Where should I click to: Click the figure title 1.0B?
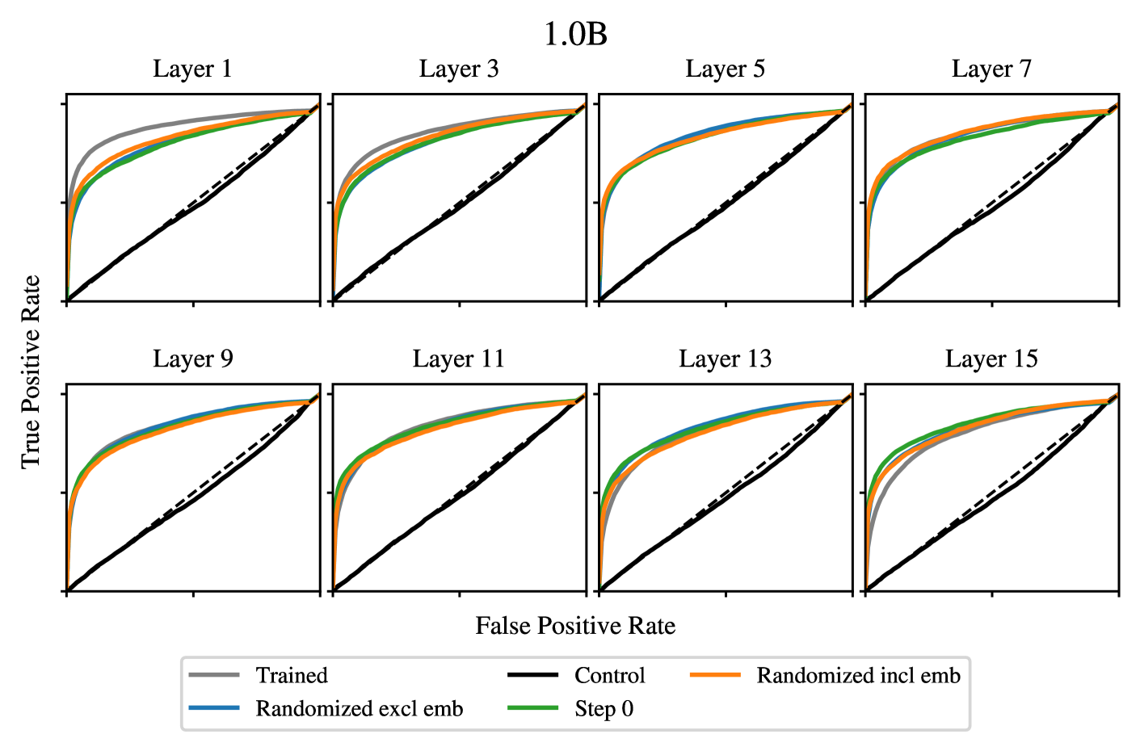point(575,35)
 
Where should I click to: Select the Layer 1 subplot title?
point(192,69)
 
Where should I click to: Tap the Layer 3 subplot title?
point(459,69)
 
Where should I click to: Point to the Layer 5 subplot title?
point(725,69)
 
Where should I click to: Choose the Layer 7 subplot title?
point(991,69)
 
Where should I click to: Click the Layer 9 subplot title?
point(192,359)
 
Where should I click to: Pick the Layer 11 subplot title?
point(459,359)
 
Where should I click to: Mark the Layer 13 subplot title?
point(725,359)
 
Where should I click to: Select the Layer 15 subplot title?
point(991,359)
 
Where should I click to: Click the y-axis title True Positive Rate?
point(31,371)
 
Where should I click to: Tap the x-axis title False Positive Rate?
point(575,626)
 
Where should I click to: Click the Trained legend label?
point(292,675)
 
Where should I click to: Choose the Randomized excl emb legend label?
point(360,709)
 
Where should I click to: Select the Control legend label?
point(610,675)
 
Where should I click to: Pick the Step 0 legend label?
point(604,709)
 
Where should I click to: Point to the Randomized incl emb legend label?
point(858,675)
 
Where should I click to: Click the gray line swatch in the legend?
point(214,675)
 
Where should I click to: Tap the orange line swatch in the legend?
point(715,675)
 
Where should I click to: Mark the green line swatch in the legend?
point(533,709)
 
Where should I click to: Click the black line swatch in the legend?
point(533,675)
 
